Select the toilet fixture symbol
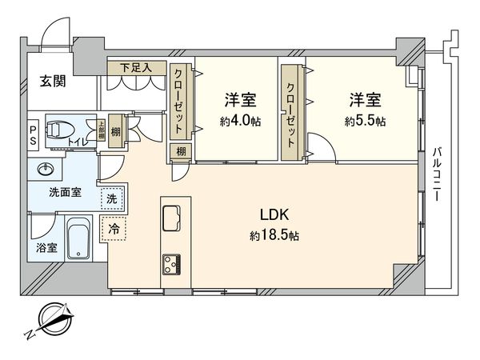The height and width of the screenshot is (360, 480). coord(60,130)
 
